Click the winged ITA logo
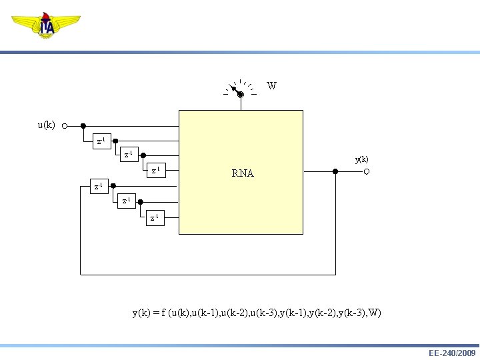click(x=46, y=26)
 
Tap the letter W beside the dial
click(x=271, y=86)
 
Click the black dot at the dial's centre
click(x=241, y=95)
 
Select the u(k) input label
click(x=46, y=125)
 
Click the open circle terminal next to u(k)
click(x=64, y=125)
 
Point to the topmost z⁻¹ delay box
click(x=100, y=141)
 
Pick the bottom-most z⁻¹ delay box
click(x=154, y=218)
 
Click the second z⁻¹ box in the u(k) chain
click(x=127, y=156)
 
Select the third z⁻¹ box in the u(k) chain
click(x=154, y=171)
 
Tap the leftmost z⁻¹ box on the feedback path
click(x=99, y=187)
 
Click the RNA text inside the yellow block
click(x=243, y=173)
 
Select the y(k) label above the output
click(x=361, y=159)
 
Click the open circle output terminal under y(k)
click(x=367, y=172)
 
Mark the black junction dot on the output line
click(x=335, y=172)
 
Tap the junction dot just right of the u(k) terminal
click(x=83, y=125)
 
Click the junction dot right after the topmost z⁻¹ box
click(x=115, y=141)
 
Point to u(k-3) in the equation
click(x=262, y=313)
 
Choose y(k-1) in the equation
click(x=291, y=313)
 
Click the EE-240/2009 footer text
click(x=451, y=353)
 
